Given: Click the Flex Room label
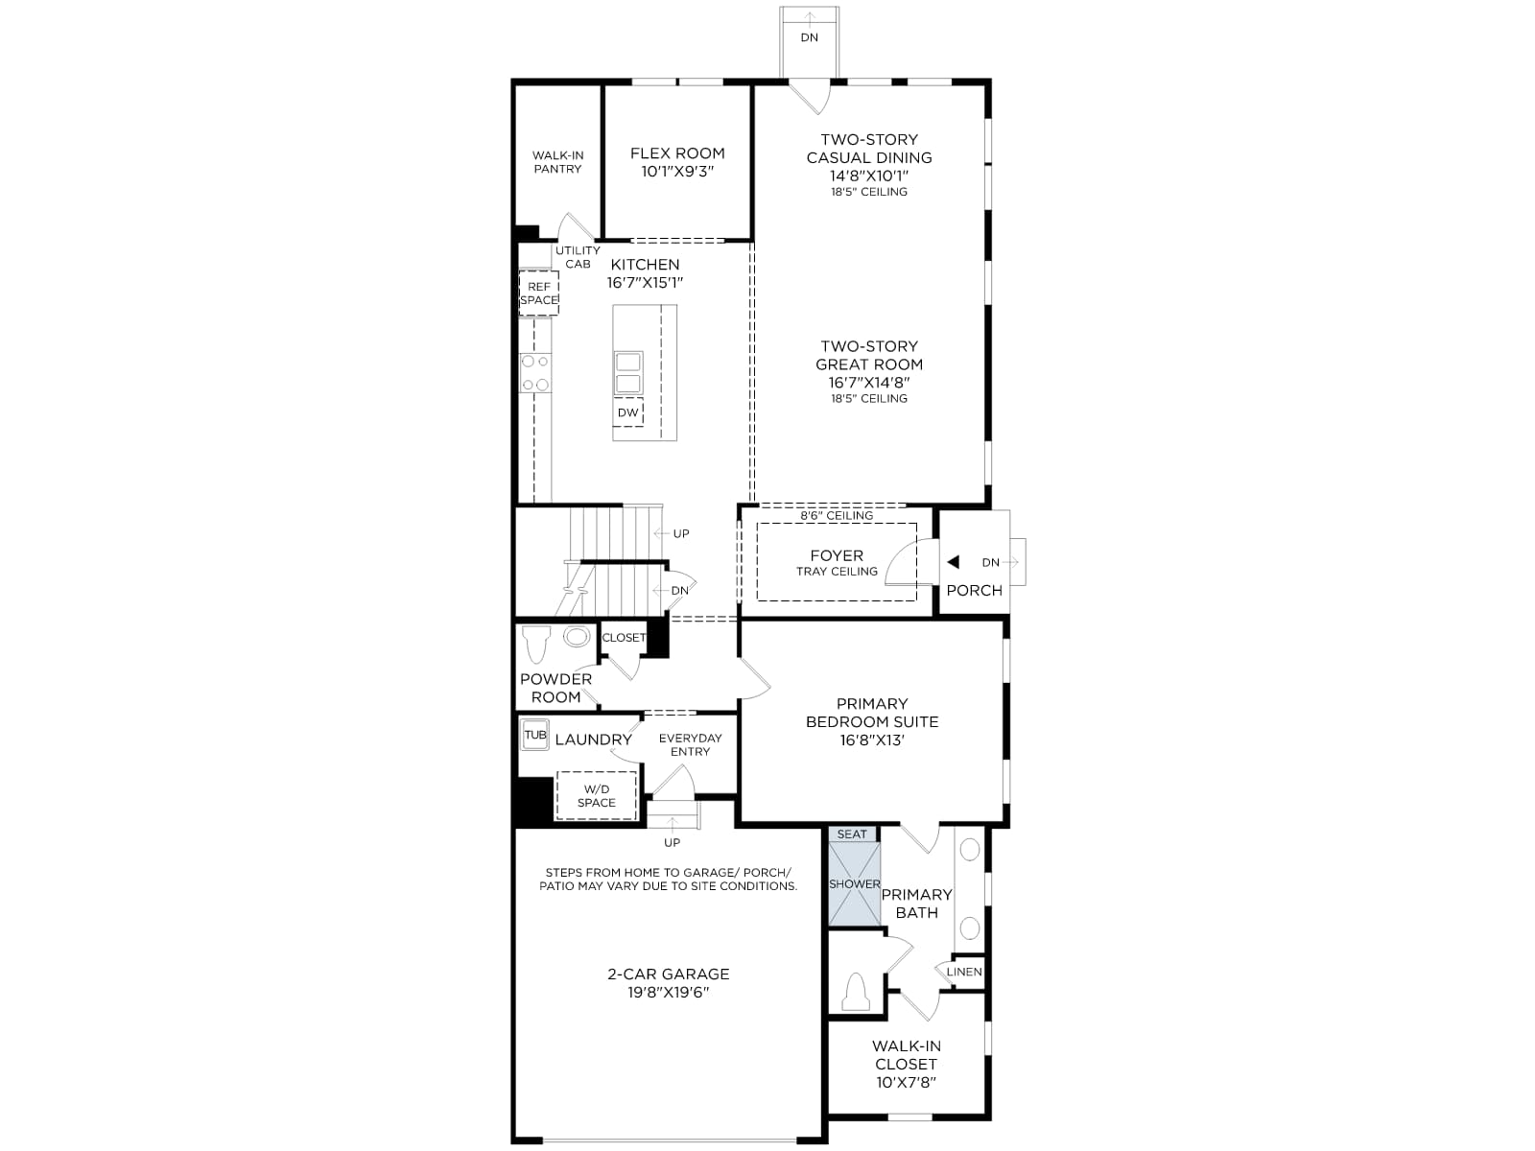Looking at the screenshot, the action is pos(677,153).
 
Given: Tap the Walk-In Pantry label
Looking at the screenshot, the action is pos(557,162).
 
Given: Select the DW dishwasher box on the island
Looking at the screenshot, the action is pos(628,412).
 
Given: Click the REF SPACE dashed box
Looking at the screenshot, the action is pos(538,293).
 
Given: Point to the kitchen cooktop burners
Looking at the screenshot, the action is pos(535,373).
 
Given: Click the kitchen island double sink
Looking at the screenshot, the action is pos(628,373).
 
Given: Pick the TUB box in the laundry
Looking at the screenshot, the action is pos(535,735).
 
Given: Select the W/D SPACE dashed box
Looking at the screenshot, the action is pos(597,795).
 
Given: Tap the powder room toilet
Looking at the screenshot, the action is pos(536,644).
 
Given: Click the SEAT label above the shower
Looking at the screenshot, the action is pos(851,834).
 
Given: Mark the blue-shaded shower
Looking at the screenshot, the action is pos(854,884).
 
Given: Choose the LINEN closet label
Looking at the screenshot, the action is pos(963,972).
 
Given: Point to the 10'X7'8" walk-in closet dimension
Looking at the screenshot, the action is pos(906,1083).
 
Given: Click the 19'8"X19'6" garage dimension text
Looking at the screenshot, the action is pos(668,993).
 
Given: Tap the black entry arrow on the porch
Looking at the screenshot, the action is pos(953,562).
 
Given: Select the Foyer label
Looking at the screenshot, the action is pos(837,555).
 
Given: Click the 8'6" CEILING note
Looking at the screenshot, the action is pos(837,516).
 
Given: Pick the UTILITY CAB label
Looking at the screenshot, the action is pos(578,257).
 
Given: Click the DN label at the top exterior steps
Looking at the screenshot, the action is pos(809,37).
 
